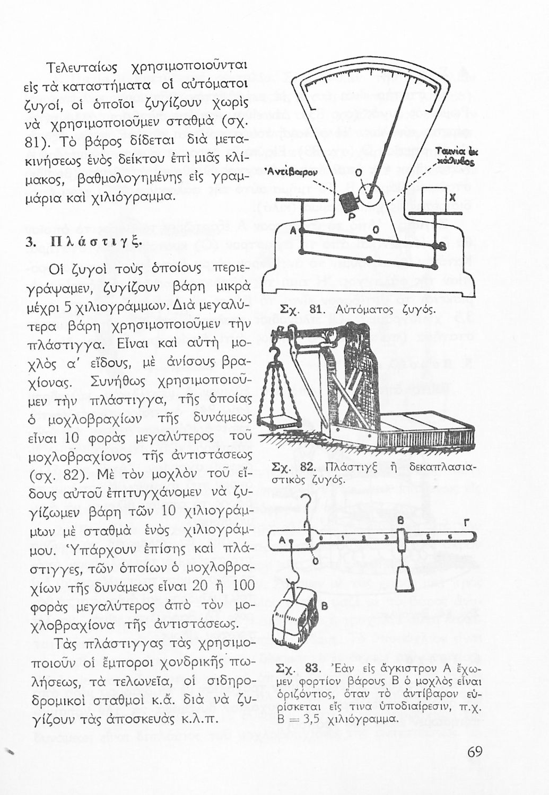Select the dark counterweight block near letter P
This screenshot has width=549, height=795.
pyautogui.click(x=348, y=201)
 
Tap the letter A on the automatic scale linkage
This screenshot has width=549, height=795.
pyautogui.click(x=292, y=231)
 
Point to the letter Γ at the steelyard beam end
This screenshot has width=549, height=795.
pyautogui.click(x=466, y=524)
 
